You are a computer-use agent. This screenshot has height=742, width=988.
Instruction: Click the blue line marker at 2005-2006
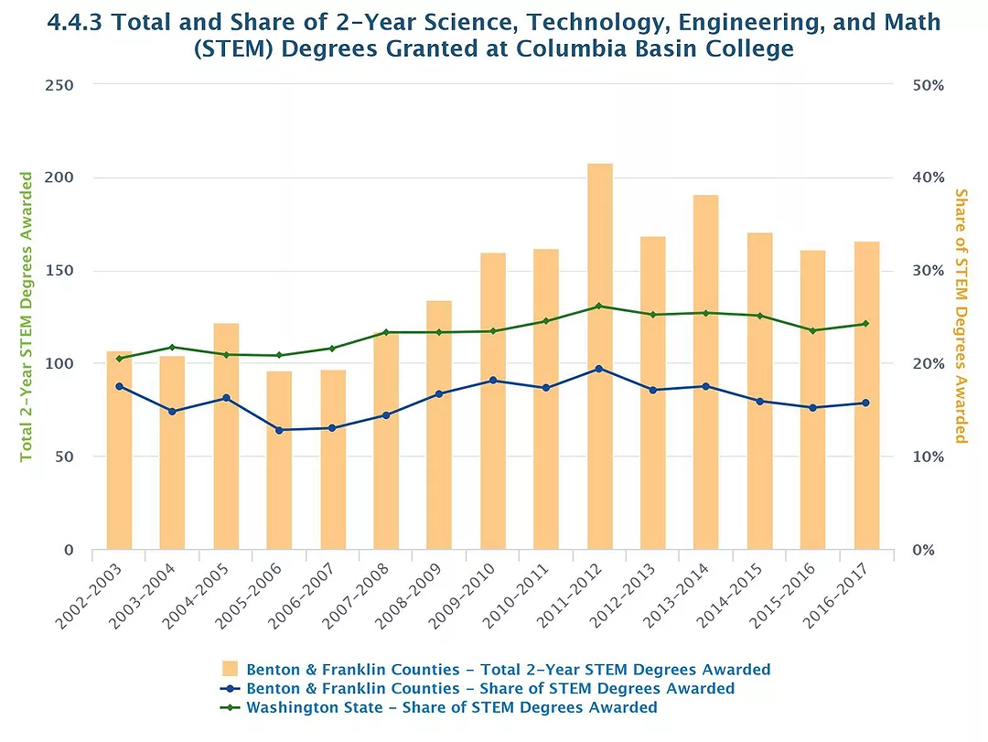[x=279, y=430]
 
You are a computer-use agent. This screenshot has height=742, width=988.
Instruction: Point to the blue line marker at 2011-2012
[x=600, y=369]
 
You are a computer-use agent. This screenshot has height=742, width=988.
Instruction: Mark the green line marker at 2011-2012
[x=600, y=306]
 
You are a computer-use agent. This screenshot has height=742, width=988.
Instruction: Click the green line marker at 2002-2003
[x=119, y=359]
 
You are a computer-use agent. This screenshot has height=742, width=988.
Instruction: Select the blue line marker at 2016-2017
[x=867, y=403]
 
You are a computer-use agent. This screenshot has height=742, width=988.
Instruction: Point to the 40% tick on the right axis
[x=929, y=177]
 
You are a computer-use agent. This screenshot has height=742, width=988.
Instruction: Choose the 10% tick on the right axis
[x=929, y=457]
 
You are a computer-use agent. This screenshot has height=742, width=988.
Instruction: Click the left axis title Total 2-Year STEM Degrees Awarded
[x=27, y=317]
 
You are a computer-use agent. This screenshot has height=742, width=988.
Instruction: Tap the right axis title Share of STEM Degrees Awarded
[x=961, y=317]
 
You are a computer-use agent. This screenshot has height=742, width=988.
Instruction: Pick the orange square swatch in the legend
[x=231, y=669]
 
